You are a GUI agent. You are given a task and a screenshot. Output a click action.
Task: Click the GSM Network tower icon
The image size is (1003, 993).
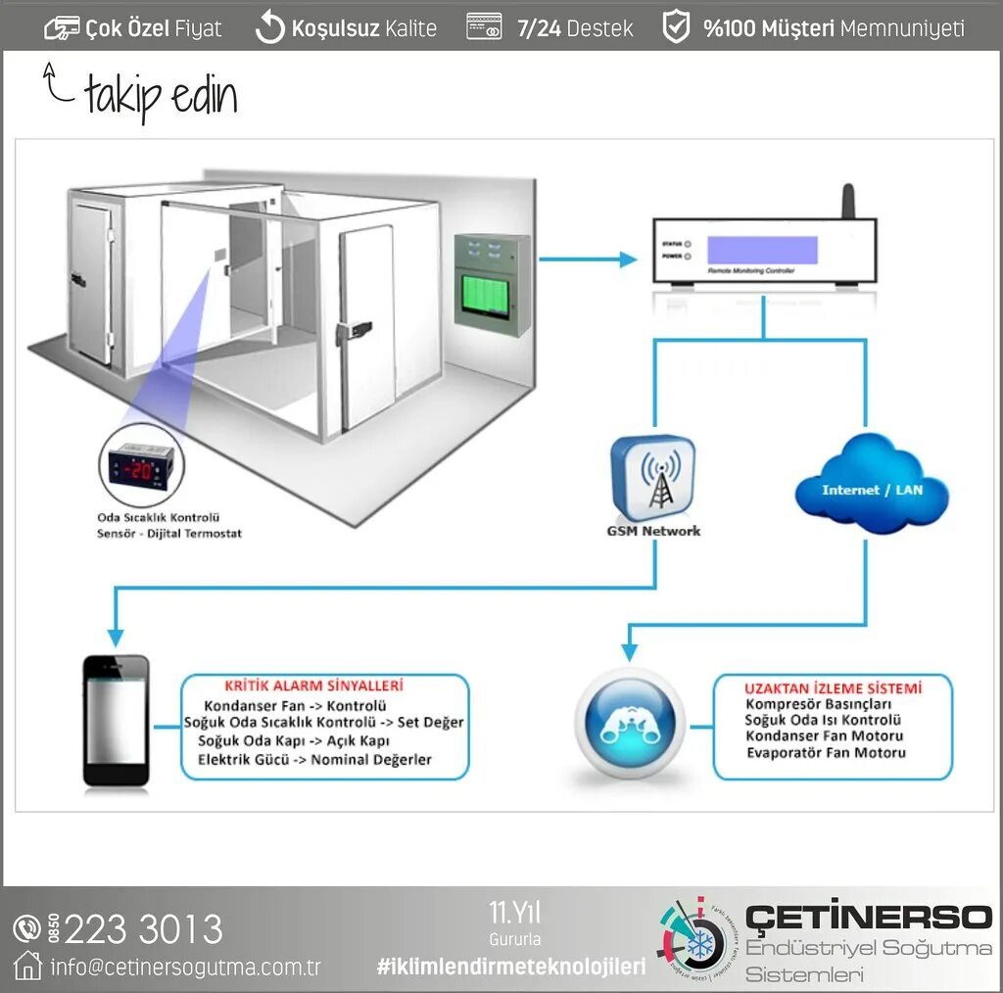[653, 479]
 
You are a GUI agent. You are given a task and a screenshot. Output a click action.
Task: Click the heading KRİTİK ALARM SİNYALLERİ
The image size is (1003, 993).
[313, 686]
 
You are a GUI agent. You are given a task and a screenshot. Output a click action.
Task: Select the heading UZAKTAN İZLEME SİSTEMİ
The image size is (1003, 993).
[833, 688]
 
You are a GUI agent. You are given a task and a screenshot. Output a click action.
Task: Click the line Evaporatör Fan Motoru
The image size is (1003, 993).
[826, 753]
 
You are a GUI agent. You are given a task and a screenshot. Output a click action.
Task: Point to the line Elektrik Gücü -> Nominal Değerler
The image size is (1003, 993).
[314, 759]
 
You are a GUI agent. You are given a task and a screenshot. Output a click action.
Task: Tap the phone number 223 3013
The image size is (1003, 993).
[143, 928]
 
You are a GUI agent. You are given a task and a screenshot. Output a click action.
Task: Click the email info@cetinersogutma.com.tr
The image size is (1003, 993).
[185, 968]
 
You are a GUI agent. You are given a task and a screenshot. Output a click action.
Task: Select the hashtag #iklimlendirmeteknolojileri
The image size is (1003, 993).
[510, 967]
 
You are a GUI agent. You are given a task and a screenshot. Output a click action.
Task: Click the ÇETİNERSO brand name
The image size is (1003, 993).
[868, 918]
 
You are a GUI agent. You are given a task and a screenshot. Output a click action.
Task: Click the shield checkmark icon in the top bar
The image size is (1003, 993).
[676, 27]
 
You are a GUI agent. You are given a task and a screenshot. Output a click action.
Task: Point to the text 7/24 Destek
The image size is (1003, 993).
[575, 28]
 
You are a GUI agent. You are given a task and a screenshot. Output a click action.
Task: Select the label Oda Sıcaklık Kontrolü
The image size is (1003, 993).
[158, 517]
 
